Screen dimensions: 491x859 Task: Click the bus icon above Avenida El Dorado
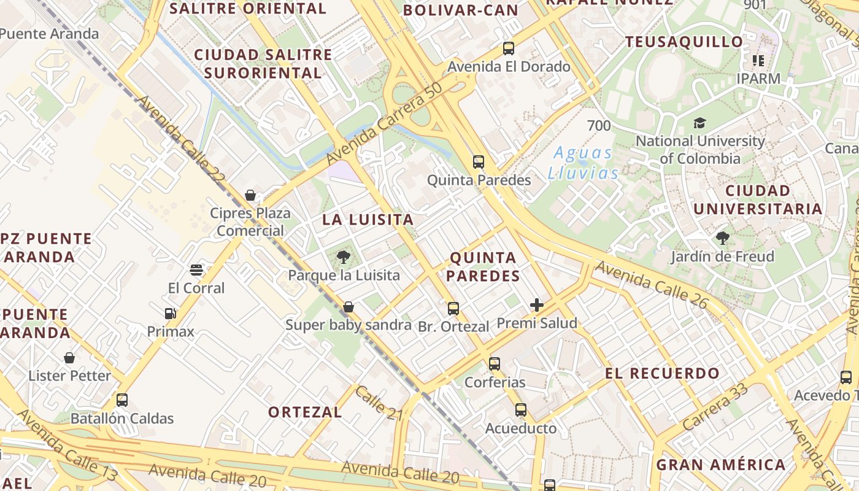pos(508,48)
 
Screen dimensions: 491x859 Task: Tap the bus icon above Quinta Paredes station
pos(479,162)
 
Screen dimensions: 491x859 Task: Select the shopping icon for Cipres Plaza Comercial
pos(250,195)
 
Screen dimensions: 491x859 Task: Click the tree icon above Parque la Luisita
pos(344,257)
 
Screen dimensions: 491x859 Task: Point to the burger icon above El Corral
pos(196,270)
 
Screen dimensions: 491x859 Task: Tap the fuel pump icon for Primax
pos(171,314)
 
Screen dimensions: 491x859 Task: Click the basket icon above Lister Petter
pos(69,357)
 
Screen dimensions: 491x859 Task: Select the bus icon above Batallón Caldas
pos(122,400)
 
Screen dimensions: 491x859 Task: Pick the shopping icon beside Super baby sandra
pos(349,306)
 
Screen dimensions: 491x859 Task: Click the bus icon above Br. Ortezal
pos(453,308)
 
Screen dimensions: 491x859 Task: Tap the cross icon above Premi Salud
pos(537,304)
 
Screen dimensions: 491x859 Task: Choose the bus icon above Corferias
pos(495,363)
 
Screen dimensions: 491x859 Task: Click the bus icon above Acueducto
pos(521,409)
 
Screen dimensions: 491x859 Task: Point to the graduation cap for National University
pos(699,123)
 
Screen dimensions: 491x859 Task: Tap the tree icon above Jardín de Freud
pos(722,238)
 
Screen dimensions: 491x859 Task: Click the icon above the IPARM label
pos(758,61)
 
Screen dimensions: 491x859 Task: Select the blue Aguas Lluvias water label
pos(583,163)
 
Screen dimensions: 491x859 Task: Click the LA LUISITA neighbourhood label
pos(368,219)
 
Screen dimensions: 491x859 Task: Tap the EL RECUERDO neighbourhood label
pos(662,373)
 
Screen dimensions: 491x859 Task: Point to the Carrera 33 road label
pos(715,406)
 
